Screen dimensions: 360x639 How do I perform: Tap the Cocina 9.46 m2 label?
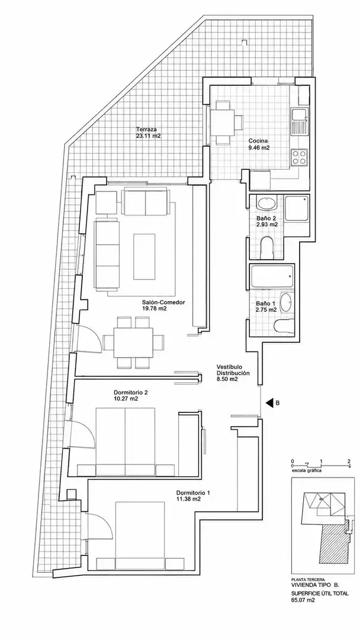(259, 145)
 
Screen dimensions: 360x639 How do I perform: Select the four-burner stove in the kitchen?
(299, 158)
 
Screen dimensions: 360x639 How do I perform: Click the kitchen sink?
(299, 121)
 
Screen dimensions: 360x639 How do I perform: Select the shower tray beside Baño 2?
(297, 208)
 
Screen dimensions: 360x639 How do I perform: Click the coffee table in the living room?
(144, 256)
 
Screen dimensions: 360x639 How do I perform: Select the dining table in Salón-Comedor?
(133, 343)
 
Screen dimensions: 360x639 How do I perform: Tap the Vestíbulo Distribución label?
(233, 373)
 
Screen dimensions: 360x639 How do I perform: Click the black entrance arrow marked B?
(269, 403)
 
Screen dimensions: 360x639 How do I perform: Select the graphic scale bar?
(321, 464)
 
